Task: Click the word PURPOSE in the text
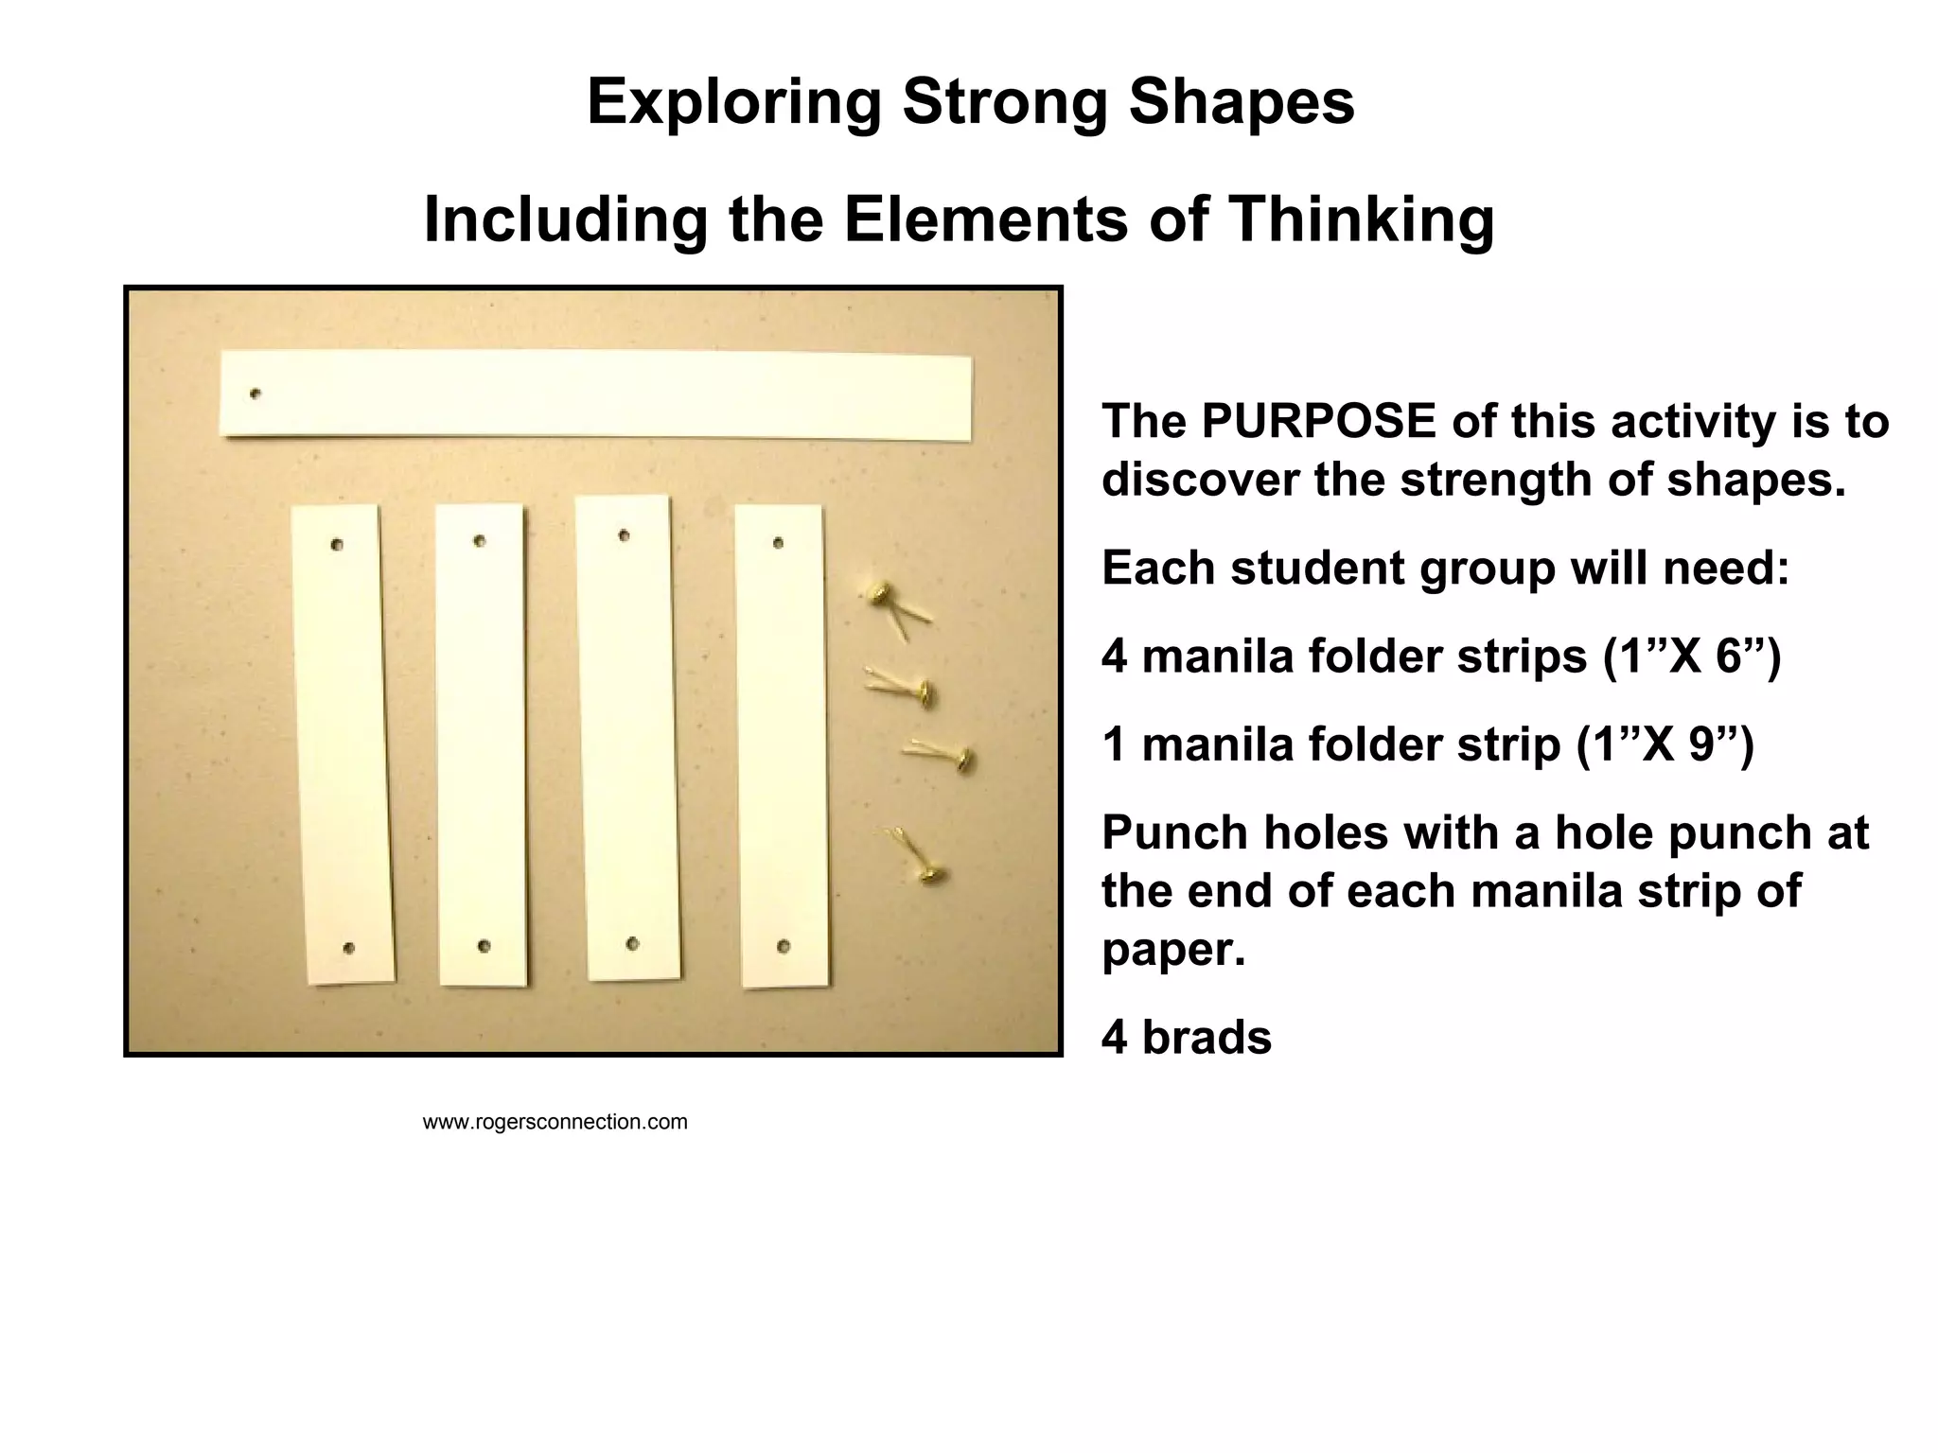point(1318,421)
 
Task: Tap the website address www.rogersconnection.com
point(555,1122)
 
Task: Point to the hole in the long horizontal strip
point(255,394)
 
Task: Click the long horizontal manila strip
point(596,394)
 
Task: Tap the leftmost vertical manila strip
point(343,744)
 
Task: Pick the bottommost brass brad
point(927,875)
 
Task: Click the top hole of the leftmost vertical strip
point(337,545)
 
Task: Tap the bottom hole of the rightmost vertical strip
point(784,946)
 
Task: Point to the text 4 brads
point(1186,1038)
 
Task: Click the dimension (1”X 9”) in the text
point(1665,744)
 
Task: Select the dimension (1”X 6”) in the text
point(1691,656)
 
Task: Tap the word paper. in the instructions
point(1172,949)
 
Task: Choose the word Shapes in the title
point(1242,101)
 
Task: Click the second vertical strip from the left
point(481,744)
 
